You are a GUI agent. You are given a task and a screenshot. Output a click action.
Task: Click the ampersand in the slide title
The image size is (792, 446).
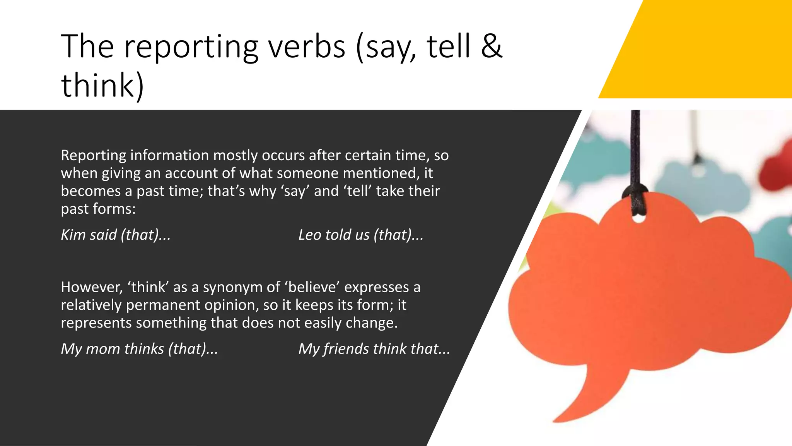point(492,47)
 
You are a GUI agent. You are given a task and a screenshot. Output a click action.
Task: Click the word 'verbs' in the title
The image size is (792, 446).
point(307,47)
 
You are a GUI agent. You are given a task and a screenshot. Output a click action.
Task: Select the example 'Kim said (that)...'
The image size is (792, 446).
point(116,235)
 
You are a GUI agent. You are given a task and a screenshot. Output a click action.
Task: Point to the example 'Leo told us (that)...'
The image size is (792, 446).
point(360,235)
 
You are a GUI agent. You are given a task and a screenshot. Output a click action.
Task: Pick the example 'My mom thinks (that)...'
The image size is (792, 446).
point(139,349)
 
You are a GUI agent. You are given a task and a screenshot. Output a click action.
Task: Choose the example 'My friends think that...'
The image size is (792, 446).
point(374,349)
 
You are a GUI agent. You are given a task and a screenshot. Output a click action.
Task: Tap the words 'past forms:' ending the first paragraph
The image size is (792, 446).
point(98,209)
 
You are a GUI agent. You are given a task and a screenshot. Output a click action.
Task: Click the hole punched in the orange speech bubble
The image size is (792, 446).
point(638,219)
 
